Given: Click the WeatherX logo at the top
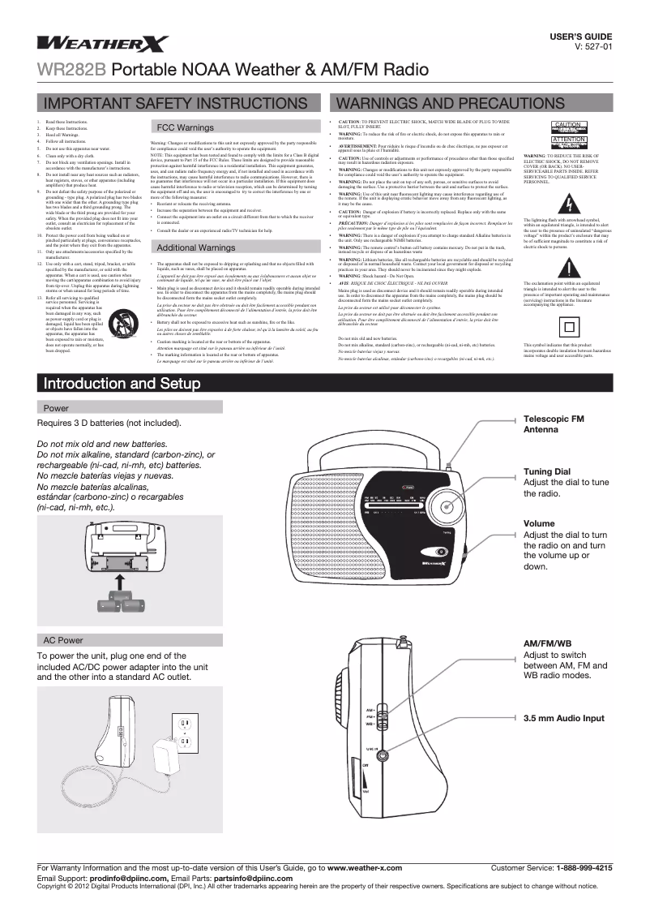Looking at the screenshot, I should (102, 44).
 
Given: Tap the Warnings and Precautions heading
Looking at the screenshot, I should (438, 105).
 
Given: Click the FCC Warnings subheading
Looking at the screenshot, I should (185, 128).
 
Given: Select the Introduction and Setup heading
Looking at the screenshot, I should (124, 382).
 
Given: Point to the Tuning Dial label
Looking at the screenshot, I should (547, 471).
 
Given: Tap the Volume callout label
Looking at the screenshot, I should (539, 523).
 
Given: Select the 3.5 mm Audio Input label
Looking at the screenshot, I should (564, 718).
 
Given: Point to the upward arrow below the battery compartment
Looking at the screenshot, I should (119, 583).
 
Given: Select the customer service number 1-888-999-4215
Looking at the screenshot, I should (584, 868).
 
